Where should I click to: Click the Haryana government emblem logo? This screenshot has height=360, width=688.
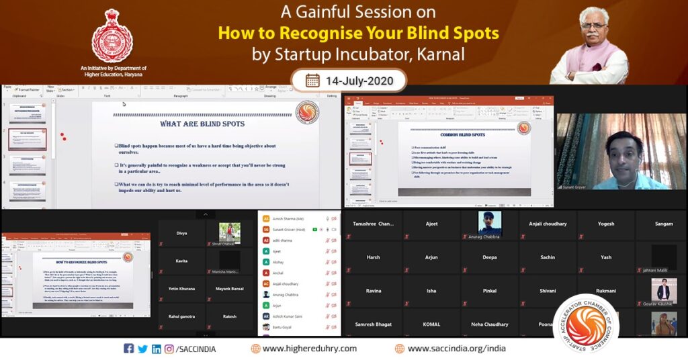(112, 36)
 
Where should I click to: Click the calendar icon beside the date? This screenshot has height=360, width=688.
(312, 80)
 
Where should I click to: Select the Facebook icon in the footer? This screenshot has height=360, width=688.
(129, 349)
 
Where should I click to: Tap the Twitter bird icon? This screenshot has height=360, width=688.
(142, 349)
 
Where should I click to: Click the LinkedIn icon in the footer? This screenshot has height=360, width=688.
(156, 349)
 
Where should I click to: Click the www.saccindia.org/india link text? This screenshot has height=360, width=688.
(456, 349)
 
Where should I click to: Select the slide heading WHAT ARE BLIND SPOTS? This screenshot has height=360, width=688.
(202, 124)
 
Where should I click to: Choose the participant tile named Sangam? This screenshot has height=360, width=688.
(663, 224)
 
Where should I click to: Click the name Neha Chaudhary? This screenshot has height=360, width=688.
(490, 324)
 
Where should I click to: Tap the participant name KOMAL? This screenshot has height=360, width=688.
(431, 324)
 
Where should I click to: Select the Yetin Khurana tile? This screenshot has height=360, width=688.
(181, 289)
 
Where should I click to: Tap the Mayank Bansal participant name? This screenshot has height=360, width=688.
(230, 289)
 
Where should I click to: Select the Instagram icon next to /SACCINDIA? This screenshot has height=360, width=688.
(169, 349)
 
